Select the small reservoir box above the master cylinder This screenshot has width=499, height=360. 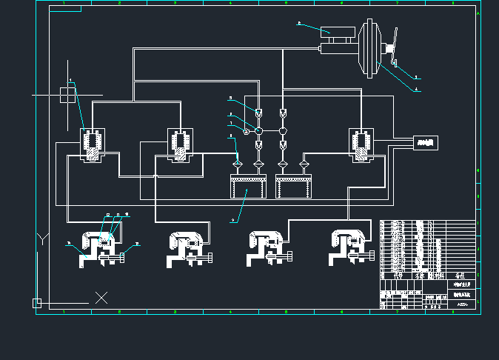tap(337, 32)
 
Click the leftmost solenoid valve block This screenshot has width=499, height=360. tap(92, 144)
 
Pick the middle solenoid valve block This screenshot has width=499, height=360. tap(181, 144)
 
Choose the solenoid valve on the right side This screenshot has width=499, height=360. tap(361, 144)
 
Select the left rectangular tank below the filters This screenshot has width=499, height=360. tap(247, 186)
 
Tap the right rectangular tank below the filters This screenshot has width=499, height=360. tap(292, 186)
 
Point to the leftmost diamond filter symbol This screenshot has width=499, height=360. tap(237, 164)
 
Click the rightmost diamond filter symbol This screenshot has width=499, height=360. tap(304, 164)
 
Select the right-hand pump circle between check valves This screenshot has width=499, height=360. tap(283, 131)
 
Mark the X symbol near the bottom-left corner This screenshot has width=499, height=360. tap(101, 298)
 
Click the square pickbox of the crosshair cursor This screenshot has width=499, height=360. tap(67, 95)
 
